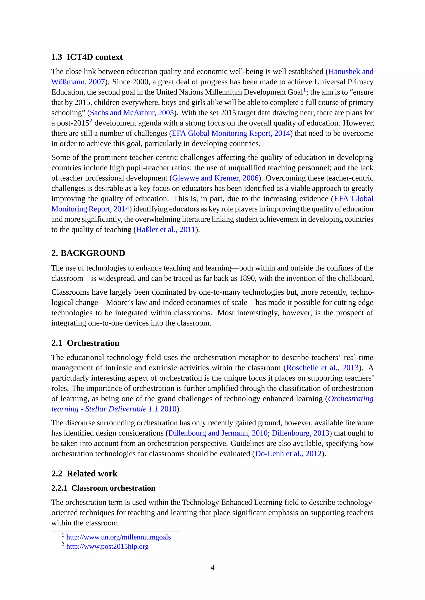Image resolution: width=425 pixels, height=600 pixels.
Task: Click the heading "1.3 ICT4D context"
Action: pyautogui.click(x=87, y=57)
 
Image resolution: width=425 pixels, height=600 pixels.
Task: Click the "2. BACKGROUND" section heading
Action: pyautogui.click(x=88, y=253)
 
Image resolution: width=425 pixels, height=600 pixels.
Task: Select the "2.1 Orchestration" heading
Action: pyautogui.click(x=85, y=343)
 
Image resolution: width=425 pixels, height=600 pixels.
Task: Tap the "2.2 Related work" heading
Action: pyautogui.click(x=84, y=474)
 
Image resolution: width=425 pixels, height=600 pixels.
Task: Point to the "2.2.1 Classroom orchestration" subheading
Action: pyautogui.click(x=103, y=488)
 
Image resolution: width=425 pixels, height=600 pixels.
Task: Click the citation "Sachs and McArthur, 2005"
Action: pyautogui.click(x=132, y=113)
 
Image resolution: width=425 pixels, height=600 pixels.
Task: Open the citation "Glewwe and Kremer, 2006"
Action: pyautogui.click(x=215, y=178)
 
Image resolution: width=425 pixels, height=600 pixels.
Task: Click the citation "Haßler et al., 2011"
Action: pyautogui.click(x=166, y=229)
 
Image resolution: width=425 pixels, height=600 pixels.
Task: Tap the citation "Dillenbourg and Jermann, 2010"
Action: pyautogui.click(x=218, y=433)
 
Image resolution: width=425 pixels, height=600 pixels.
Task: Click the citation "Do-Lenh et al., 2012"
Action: pyautogui.click(x=288, y=454)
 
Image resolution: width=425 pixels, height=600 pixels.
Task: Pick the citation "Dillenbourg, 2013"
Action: pyautogui.click(x=300, y=433)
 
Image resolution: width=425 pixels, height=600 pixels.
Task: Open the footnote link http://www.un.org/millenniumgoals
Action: pyautogui.click(x=118, y=537)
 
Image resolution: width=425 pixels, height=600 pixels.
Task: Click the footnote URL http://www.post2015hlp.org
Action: pyautogui.click(x=107, y=546)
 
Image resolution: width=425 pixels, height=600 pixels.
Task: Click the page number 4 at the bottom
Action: pyautogui.click(x=212, y=568)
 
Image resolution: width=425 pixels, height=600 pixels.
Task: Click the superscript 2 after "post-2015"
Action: pyautogui.click(x=91, y=121)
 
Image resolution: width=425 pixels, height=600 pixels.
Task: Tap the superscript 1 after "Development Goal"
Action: pyautogui.click(x=304, y=90)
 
